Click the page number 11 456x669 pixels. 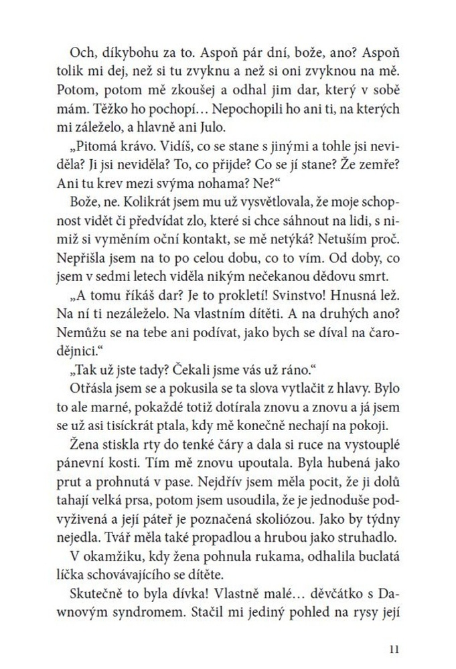393,648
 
